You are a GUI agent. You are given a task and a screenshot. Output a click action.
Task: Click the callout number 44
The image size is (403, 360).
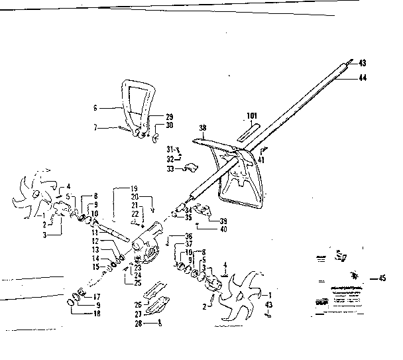(x=362, y=78)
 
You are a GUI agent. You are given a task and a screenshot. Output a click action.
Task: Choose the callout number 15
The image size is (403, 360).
(x=95, y=267)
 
